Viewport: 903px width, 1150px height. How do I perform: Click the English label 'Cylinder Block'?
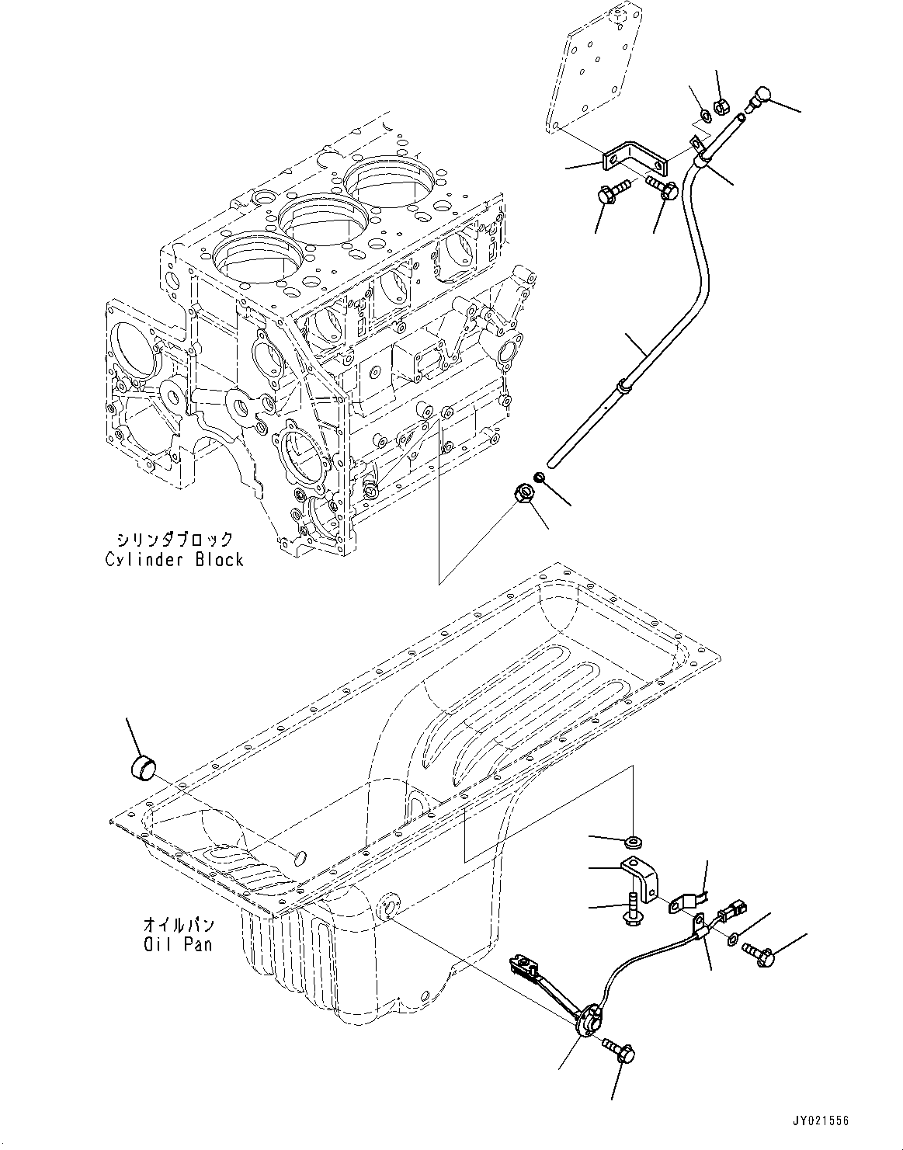click(x=174, y=559)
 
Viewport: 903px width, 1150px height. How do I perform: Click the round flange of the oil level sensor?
click(x=592, y=1017)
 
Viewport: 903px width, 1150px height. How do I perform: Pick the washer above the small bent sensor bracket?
click(x=634, y=839)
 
